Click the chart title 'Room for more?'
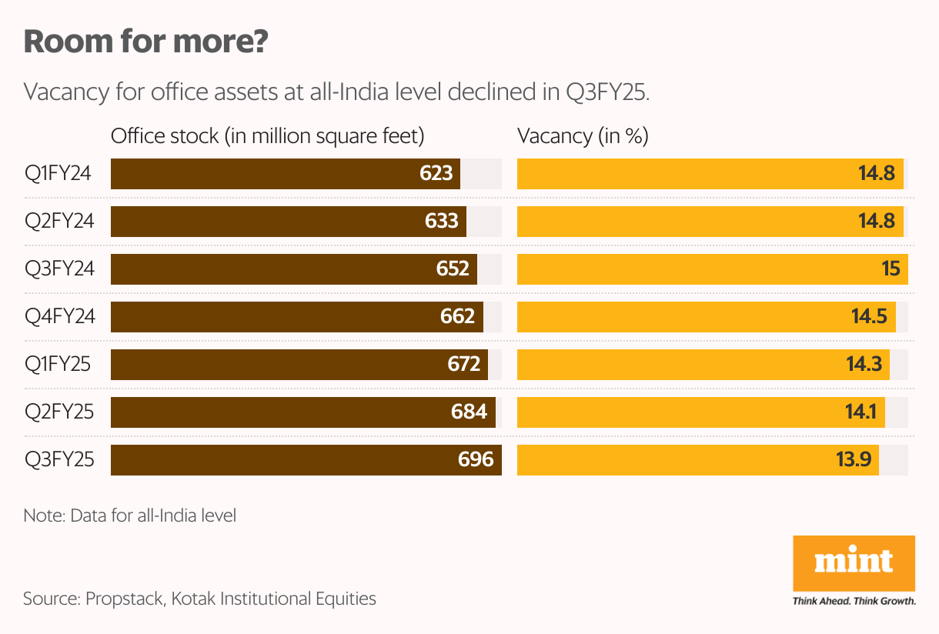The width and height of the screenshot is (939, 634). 145,42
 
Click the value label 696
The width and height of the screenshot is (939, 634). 476,460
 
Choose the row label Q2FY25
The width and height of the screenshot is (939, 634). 59,412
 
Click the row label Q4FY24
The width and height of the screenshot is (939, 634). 59,317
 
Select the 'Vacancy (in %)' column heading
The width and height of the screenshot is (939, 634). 583,137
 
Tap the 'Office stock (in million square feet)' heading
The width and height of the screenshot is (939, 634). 268,137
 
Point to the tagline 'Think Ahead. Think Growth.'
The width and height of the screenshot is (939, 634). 854,601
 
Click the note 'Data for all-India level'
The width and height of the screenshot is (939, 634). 130,516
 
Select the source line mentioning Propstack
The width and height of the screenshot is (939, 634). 199,599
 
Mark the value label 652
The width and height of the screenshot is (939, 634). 453,269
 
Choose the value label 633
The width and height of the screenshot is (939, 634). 442,222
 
